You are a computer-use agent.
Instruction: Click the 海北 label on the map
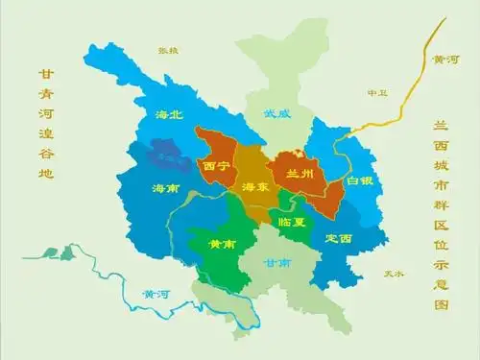point(169,114)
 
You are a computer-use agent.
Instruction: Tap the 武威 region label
point(277,112)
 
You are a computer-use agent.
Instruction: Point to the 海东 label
point(255,186)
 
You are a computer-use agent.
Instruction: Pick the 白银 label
point(360,180)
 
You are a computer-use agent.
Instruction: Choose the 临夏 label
point(291,222)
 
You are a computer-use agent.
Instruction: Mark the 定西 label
point(339,237)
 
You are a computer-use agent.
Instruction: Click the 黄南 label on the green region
point(222,244)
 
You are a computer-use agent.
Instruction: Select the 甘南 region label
point(278,262)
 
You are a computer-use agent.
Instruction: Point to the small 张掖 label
point(168,49)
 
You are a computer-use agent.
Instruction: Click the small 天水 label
point(393,274)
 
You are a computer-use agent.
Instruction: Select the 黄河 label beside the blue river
point(155,293)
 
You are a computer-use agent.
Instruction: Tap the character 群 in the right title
point(442,204)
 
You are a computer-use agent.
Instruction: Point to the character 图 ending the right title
point(442,303)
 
